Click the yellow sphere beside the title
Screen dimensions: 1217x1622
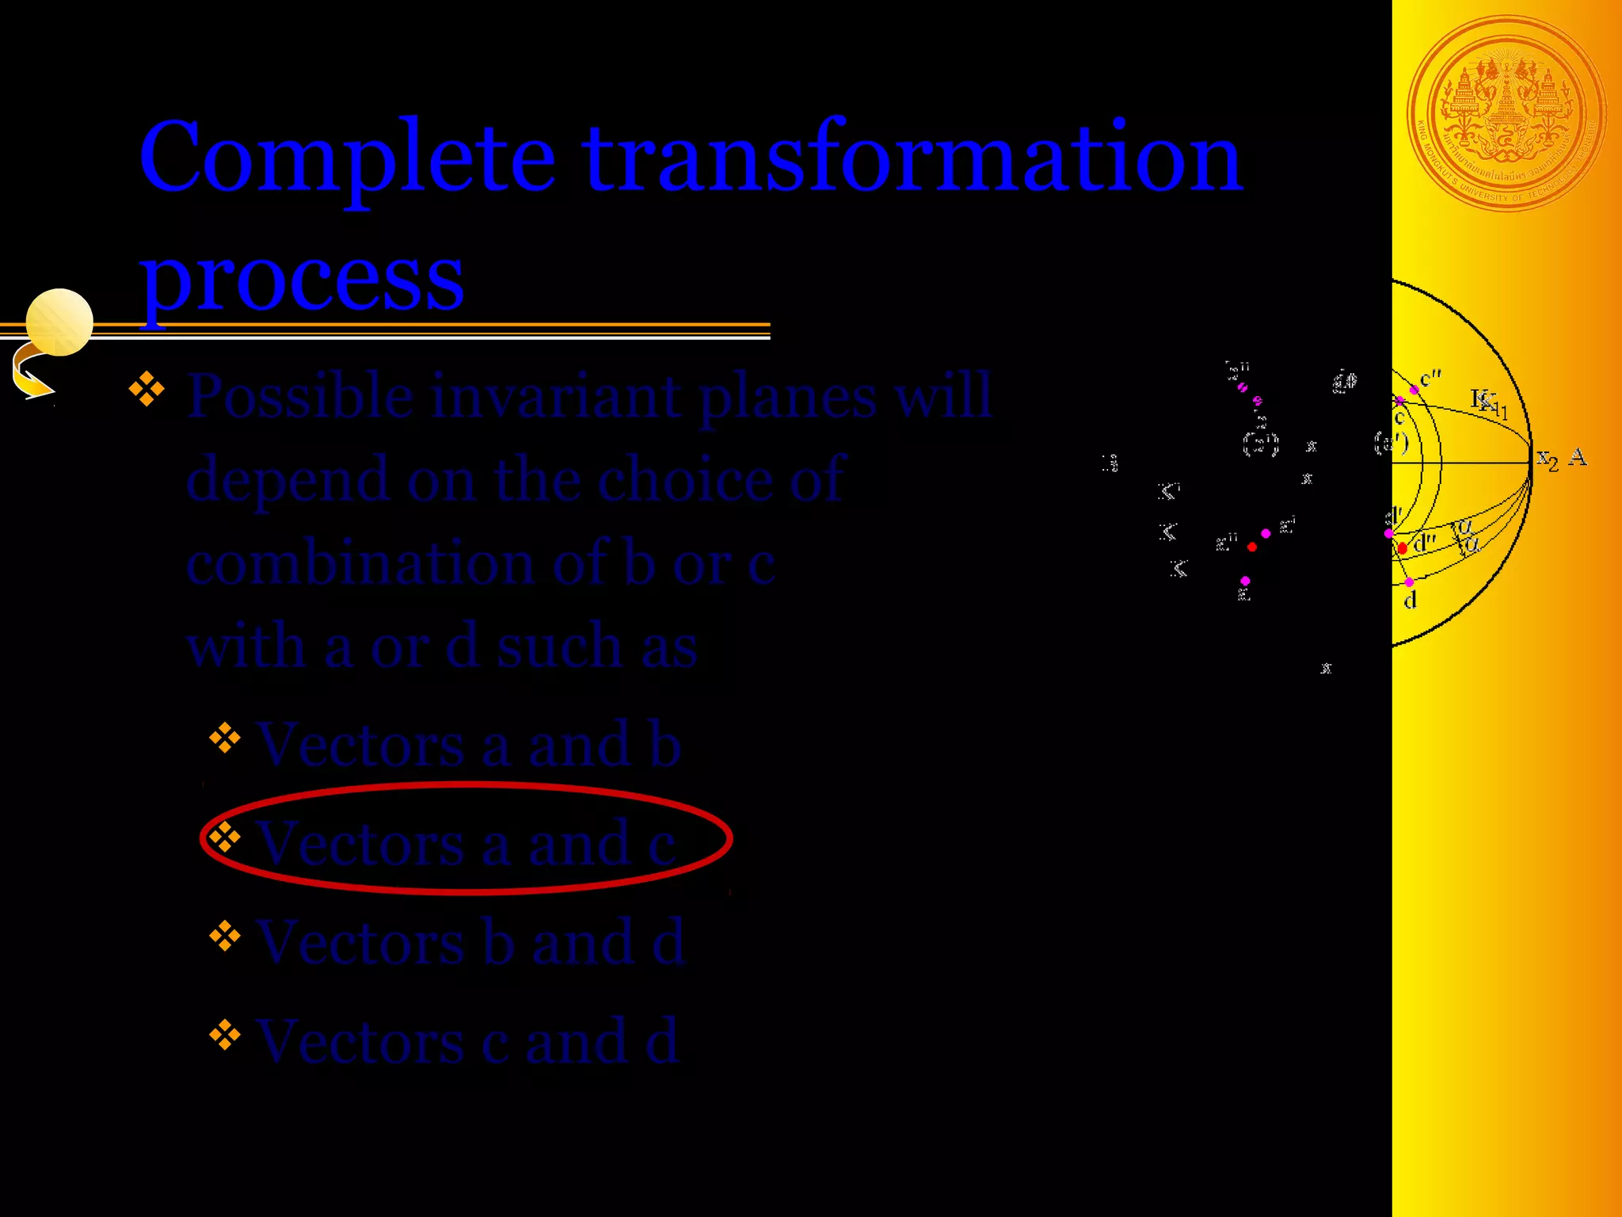pyautogui.click(x=59, y=322)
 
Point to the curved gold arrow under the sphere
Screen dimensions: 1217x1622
pyautogui.click(x=30, y=376)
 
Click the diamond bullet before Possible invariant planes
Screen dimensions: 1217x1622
pyautogui.click(x=147, y=389)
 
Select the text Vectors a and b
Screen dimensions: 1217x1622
pyautogui.click(x=468, y=746)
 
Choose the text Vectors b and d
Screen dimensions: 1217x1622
pyautogui.click(x=470, y=943)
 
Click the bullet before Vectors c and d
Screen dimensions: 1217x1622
pyautogui.click(x=225, y=1034)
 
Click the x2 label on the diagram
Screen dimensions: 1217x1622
pyautogui.click(x=1547, y=459)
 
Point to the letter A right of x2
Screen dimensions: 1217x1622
pyautogui.click(x=1578, y=457)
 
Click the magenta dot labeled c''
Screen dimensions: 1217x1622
pyautogui.click(x=1414, y=390)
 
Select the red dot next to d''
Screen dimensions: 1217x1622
pyautogui.click(x=1403, y=548)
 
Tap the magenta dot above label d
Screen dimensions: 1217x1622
pyautogui.click(x=1409, y=582)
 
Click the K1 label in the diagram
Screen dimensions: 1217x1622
pyautogui.click(x=1489, y=402)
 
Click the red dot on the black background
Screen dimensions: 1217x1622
pyautogui.click(x=1252, y=547)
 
